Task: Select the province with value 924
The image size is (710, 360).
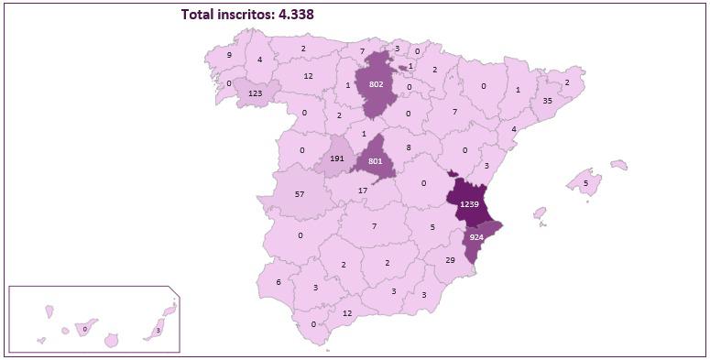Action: [x=476, y=237]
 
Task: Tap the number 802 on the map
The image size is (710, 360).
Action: [x=376, y=84]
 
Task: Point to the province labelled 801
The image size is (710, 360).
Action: [x=375, y=161]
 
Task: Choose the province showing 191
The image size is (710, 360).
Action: [x=336, y=158]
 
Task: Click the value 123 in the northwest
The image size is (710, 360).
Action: [x=256, y=93]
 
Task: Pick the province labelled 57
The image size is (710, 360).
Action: [x=300, y=195]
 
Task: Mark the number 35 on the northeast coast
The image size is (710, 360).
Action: [x=548, y=101]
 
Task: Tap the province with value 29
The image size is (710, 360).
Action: [x=450, y=261]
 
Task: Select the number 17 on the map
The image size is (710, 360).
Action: [x=364, y=191]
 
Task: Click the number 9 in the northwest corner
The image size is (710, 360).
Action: [x=229, y=55]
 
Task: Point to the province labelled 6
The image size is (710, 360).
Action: [x=279, y=282]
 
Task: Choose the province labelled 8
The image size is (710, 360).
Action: [x=409, y=147]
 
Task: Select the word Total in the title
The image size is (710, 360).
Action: [x=200, y=14]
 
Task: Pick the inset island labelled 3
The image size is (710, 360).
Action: [x=158, y=331]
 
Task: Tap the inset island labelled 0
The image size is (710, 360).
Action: [x=85, y=328]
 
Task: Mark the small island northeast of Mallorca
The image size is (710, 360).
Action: [x=619, y=166]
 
